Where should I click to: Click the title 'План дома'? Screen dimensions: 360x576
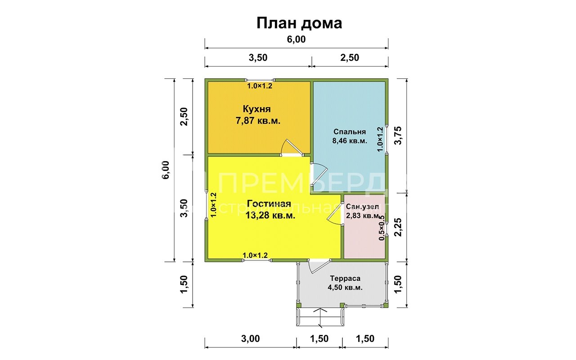point(299,23)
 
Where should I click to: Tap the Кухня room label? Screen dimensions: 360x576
point(256,109)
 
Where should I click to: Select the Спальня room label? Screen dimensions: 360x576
point(350,132)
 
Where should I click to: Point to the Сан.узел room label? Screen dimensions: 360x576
point(362,207)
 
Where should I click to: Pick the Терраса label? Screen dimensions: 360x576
point(345,279)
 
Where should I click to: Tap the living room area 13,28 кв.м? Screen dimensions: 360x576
point(270,216)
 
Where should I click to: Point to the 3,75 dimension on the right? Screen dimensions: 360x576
point(397,135)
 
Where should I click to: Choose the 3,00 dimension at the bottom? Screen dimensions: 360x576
point(251,339)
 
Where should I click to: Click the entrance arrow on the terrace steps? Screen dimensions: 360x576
point(320,315)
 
